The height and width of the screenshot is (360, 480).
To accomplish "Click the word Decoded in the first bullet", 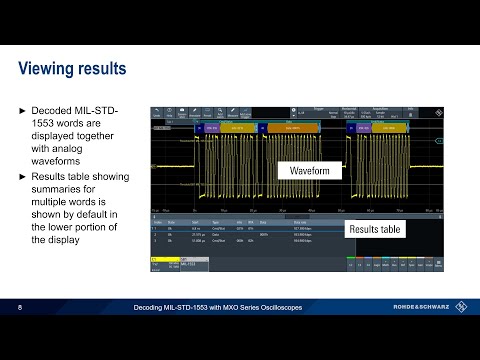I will coord(52,107).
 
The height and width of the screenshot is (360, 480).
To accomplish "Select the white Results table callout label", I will coord(374,230).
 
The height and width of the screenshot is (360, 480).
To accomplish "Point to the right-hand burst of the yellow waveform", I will coord(385,169).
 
